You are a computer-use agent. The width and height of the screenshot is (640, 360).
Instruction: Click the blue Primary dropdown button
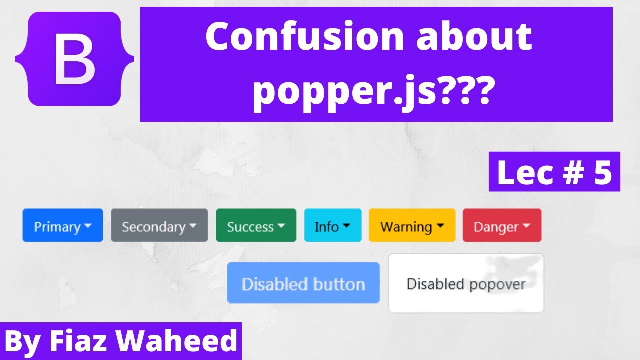point(62,226)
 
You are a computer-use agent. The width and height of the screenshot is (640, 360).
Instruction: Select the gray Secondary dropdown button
point(159,226)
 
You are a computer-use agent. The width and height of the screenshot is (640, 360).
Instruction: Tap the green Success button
point(256,226)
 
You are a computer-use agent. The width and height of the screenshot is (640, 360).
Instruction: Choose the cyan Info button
point(332,226)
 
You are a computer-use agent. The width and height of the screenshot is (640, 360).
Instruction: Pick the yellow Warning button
point(412,226)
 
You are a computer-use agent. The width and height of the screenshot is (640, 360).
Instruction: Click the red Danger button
point(502,226)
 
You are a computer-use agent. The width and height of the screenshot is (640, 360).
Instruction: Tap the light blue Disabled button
point(303,284)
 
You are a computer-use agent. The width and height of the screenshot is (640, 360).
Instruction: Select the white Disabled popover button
point(466,284)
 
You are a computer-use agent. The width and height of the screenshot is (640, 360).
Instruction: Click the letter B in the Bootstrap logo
point(74,60)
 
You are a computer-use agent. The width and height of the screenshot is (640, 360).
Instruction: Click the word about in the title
point(475,38)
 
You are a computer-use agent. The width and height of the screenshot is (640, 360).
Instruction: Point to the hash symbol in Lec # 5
point(570,173)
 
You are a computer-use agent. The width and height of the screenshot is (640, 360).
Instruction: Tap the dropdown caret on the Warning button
point(440,226)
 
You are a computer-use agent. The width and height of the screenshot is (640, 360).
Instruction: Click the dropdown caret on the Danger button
point(526,226)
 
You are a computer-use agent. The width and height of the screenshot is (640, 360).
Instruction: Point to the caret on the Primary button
point(88,226)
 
